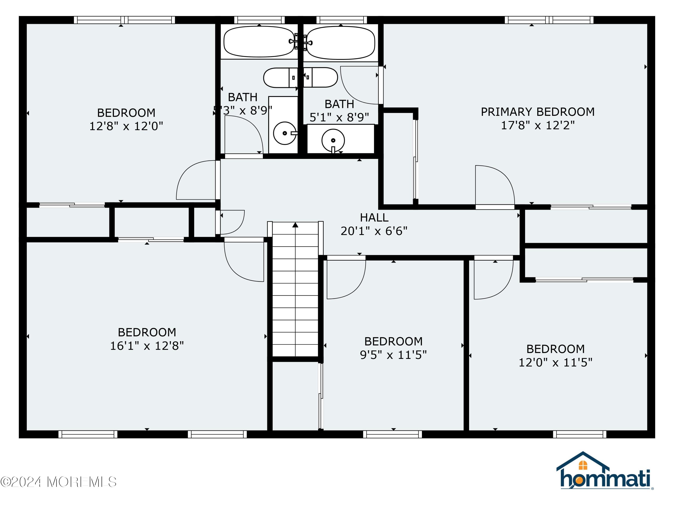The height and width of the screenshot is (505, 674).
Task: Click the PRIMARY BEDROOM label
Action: pyautogui.click(x=537, y=112)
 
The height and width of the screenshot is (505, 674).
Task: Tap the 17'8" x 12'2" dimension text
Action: pyautogui.click(x=537, y=125)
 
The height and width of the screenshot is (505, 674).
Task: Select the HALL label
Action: pyautogui.click(x=374, y=218)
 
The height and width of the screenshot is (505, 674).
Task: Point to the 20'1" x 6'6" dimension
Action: pyautogui.click(x=374, y=231)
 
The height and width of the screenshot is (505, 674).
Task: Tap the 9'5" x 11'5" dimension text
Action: pyautogui.click(x=393, y=355)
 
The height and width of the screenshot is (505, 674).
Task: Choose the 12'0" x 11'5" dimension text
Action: pyautogui.click(x=555, y=362)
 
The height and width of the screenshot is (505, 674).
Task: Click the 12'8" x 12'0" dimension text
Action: pyautogui.click(x=126, y=126)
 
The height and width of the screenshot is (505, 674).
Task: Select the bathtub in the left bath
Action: pyautogui.click(x=259, y=42)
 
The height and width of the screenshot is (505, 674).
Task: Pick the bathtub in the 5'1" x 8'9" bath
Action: pyautogui.click(x=340, y=43)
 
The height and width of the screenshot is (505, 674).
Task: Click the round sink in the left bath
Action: pyautogui.click(x=284, y=133)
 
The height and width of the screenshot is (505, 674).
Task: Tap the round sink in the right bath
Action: pyautogui.click(x=333, y=140)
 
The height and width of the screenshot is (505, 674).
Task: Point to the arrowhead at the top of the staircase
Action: pyautogui.click(x=295, y=225)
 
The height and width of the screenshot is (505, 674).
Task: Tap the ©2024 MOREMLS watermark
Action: pyautogui.click(x=58, y=482)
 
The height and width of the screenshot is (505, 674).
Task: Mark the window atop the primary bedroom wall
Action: pyautogui.click(x=549, y=20)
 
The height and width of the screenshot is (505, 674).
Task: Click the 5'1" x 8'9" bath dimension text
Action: pyautogui.click(x=339, y=117)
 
